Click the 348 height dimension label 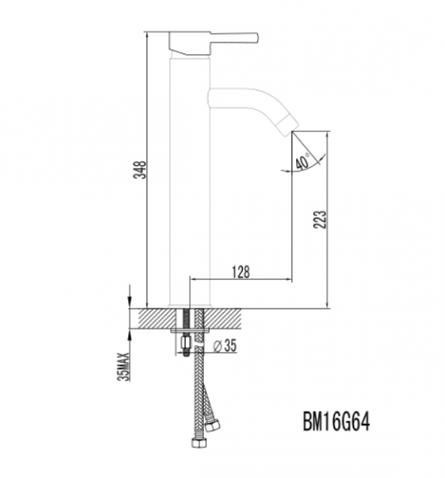(x=140, y=170)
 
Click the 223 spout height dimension (x=319, y=219)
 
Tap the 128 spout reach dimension (x=240, y=272)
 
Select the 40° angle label (x=303, y=162)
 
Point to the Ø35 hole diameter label (x=224, y=346)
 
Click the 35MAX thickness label (x=123, y=366)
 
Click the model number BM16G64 (x=336, y=422)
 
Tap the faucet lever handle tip (x=256, y=37)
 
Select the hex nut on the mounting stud (x=185, y=343)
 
